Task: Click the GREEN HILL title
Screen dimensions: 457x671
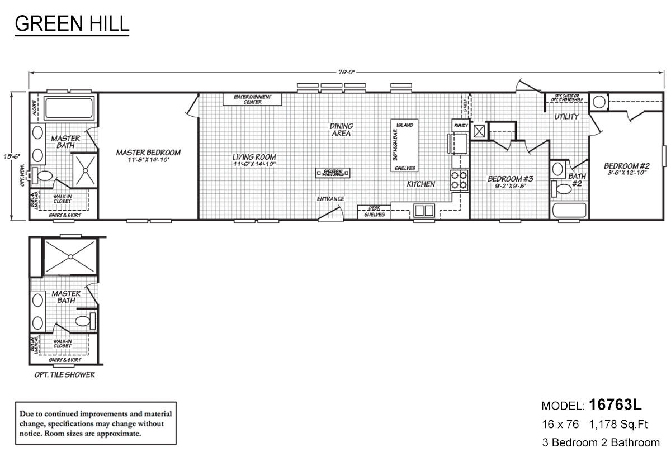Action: coord(72,24)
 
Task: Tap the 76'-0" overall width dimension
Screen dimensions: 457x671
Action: coord(347,72)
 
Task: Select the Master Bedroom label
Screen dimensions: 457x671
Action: coord(148,152)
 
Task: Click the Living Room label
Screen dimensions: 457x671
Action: coord(254,157)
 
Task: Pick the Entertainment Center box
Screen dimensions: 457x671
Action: coord(252,99)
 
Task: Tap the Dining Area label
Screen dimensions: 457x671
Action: coord(341,130)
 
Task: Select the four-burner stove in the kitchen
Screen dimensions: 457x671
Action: coord(459,179)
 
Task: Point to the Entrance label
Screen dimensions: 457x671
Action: coord(330,199)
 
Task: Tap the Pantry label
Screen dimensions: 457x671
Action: coord(461,126)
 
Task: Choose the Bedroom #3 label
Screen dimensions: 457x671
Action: coord(511,179)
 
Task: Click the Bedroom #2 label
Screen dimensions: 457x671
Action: coord(626,166)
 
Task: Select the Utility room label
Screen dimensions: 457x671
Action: coord(566,117)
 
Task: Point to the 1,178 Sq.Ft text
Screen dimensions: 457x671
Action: coord(618,425)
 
